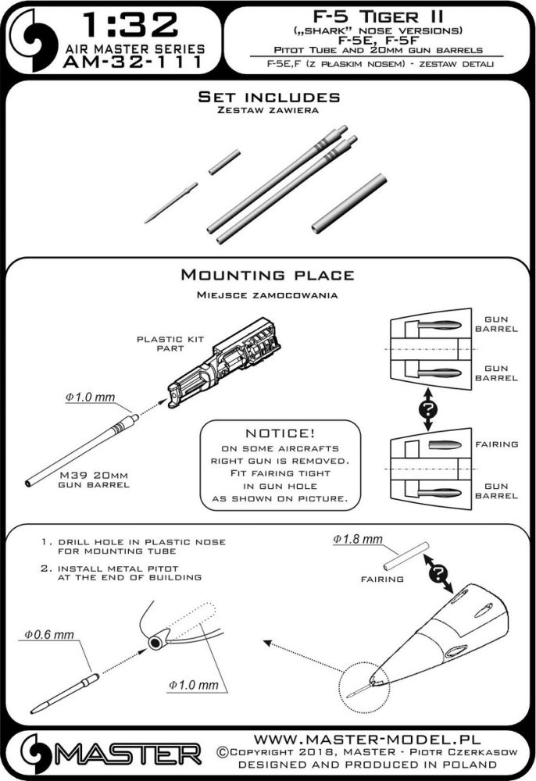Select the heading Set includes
268,98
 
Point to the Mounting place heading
267,275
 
